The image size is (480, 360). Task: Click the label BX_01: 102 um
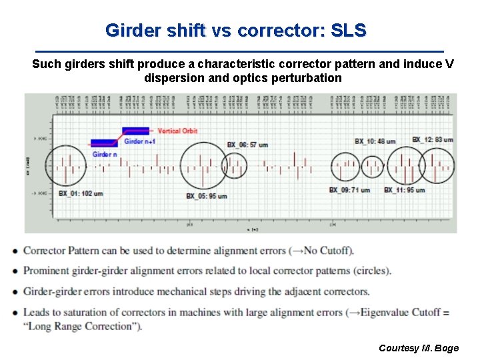click(x=80, y=193)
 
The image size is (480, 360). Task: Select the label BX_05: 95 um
click(x=207, y=196)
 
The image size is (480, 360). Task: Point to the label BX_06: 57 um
click(x=247, y=145)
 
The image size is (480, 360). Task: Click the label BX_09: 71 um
click(x=349, y=190)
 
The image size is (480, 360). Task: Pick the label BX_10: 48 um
click(x=375, y=141)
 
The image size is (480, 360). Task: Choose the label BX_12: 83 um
click(x=432, y=139)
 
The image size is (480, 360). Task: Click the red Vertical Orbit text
click(x=178, y=131)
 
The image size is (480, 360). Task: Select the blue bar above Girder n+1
click(x=135, y=130)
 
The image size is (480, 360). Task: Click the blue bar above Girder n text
click(x=103, y=143)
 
